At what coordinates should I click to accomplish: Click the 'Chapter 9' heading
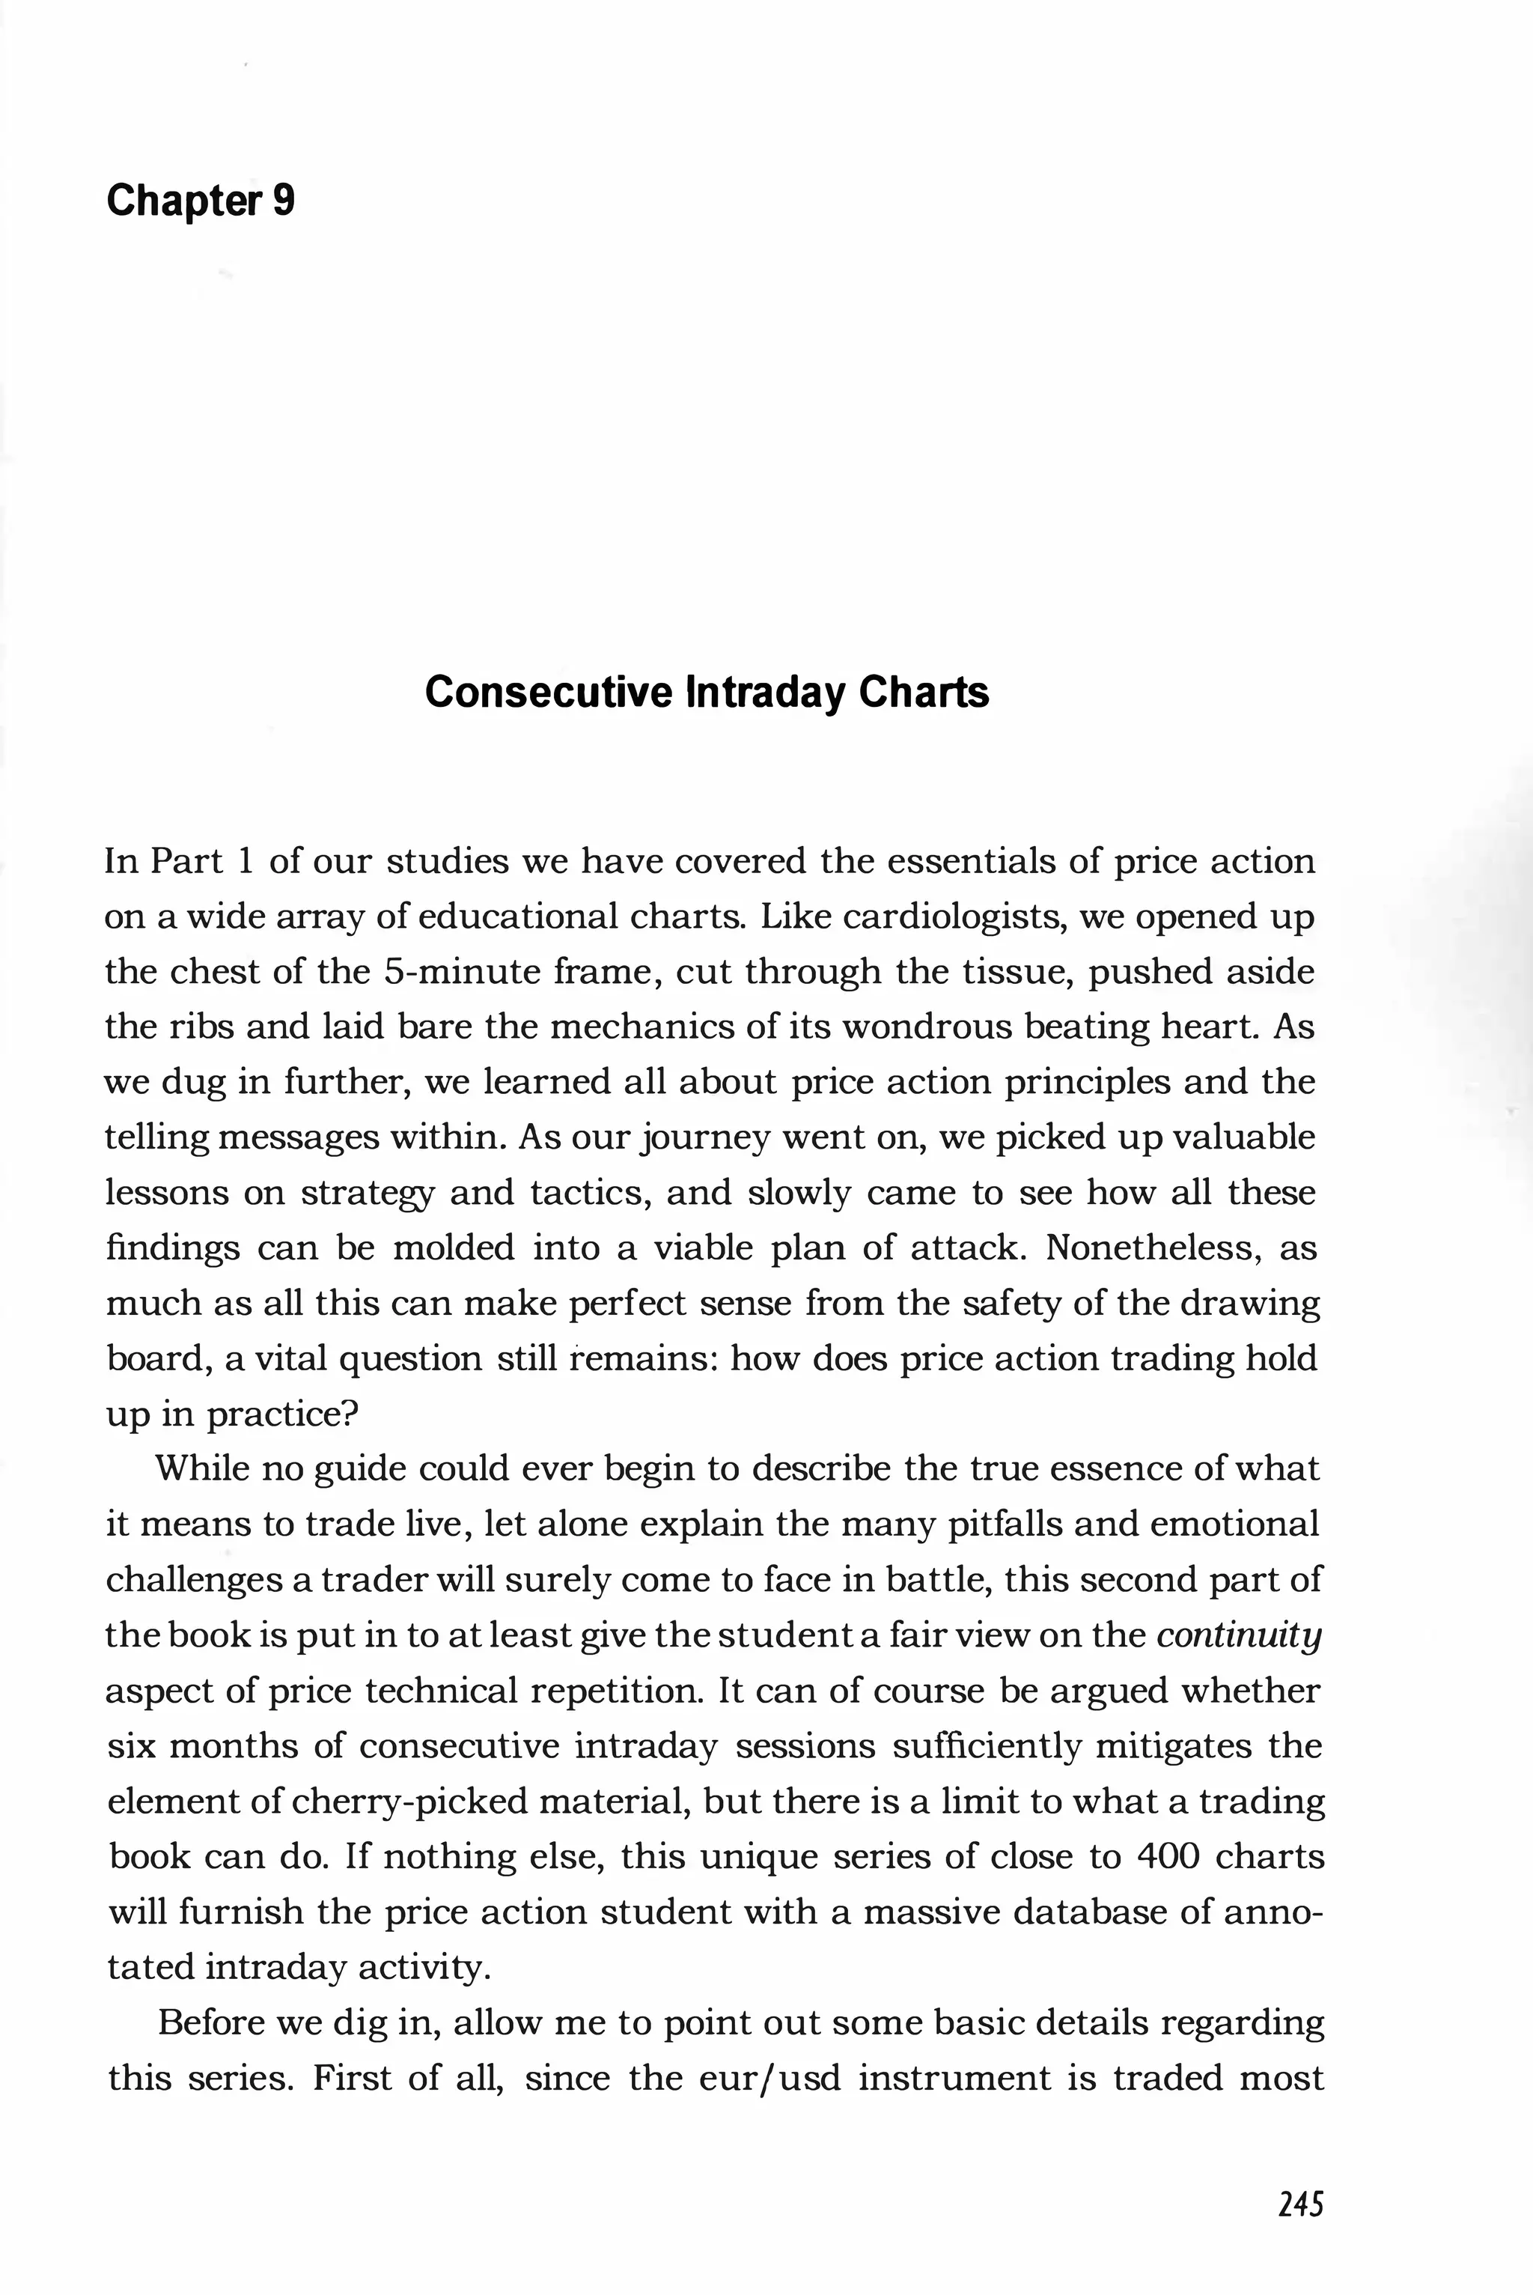(x=201, y=201)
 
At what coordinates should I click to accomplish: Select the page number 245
(x=1300, y=2204)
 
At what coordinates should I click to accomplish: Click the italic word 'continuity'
(x=1238, y=1635)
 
